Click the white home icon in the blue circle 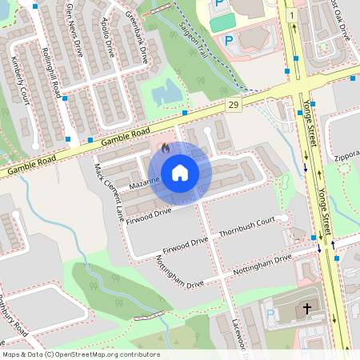[180, 172]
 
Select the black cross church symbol [307, 309]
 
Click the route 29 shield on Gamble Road [233, 106]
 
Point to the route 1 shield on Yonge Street [294, 16]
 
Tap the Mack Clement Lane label [110, 192]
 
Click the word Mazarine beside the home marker [146, 184]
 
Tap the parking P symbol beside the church [270, 314]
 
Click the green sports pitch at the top [225, 22]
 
